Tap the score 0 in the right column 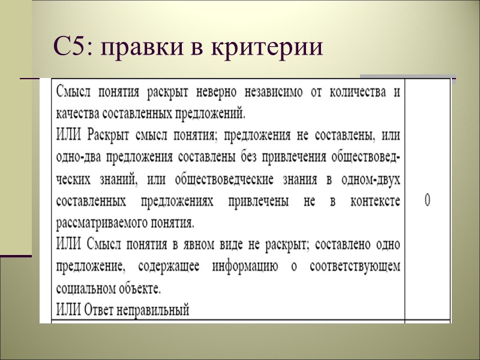tap(427, 200)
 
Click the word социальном tap(85, 289)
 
